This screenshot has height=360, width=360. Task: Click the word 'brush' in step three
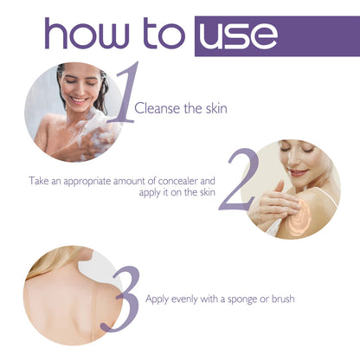click(x=282, y=299)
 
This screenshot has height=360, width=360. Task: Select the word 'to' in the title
click(x=157, y=35)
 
